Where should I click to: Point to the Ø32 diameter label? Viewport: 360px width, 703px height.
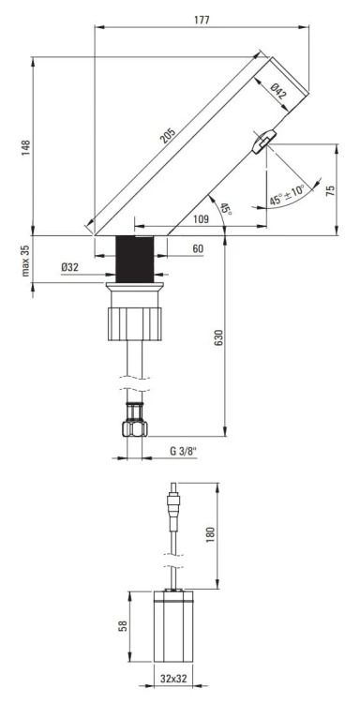[x=68, y=267]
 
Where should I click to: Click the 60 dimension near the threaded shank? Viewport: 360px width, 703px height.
[x=197, y=248]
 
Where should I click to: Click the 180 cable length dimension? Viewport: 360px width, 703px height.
[x=212, y=533]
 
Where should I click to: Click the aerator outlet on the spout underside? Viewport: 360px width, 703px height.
[x=262, y=140]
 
